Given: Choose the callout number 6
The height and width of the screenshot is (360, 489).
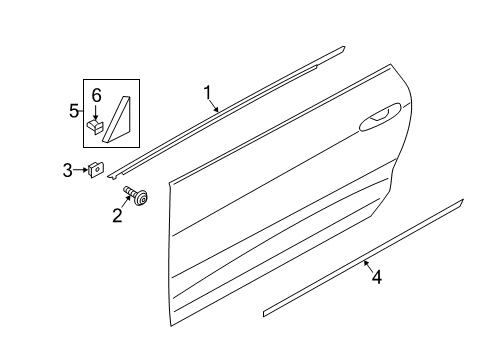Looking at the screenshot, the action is [x=96, y=95].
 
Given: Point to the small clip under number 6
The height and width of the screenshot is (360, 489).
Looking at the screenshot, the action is [x=96, y=127].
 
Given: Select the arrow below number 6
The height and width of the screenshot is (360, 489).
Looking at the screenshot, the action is [x=96, y=111].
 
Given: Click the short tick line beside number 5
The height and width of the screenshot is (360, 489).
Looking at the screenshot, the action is [x=81, y=112].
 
